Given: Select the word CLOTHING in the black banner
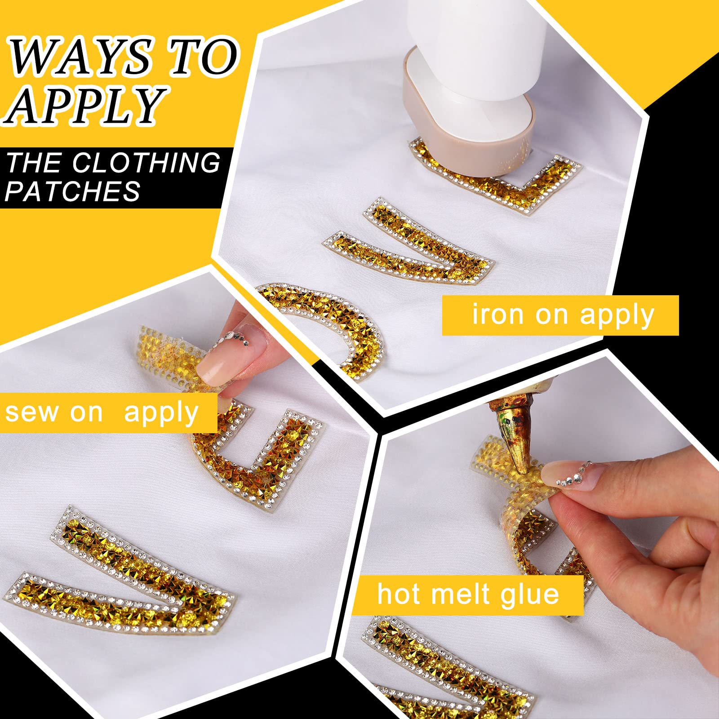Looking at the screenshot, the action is tap(146, 162).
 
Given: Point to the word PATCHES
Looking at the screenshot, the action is tap(73, 191).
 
